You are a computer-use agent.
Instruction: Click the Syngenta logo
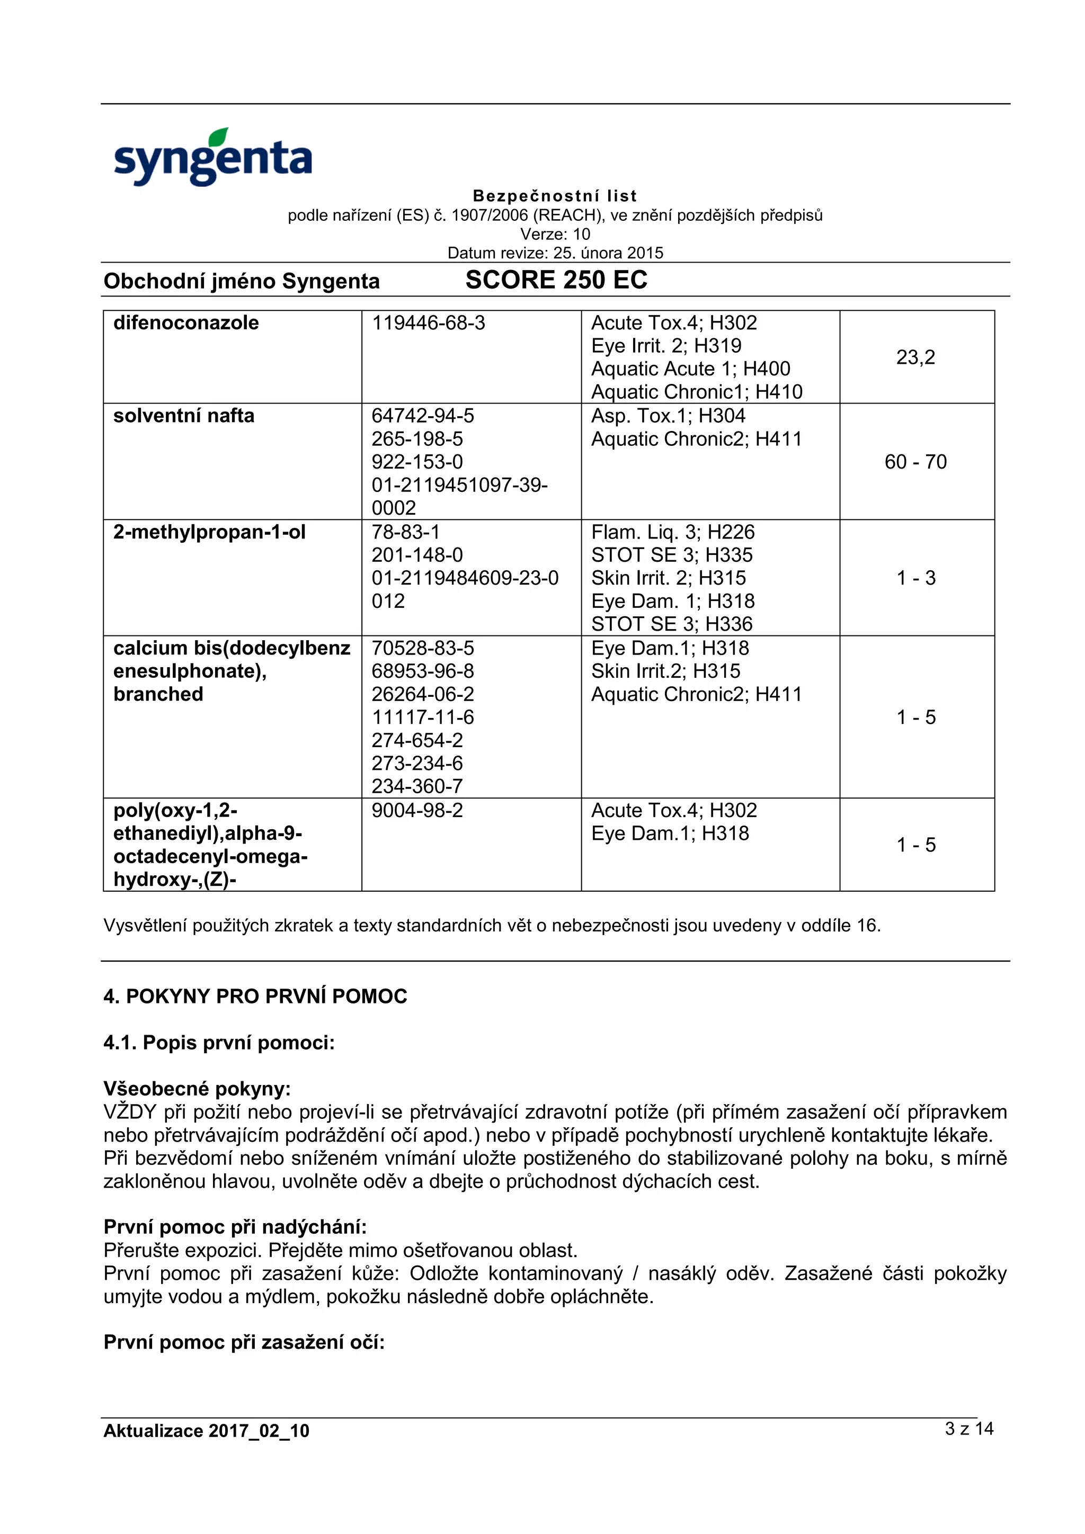click(x=212, y=158)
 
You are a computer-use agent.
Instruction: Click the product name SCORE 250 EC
click(x=556, y=280)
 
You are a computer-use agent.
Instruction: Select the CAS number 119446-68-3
click(x=428, y=322)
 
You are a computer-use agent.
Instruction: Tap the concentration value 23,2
click(x=915, y=357)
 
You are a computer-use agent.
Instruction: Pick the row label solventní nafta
click(x=184, y=416)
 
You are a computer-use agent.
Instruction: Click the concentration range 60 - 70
click(x=915, y=462)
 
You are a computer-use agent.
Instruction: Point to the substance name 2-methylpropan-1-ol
click(x=209, y=532)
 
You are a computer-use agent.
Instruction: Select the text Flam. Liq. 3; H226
click(x=672, y=532)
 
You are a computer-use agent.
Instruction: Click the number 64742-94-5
click(x=422, y=416)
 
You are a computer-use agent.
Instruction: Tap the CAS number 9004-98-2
click(x=417, y=811)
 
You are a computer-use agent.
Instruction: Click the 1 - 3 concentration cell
click(x=915, y=578)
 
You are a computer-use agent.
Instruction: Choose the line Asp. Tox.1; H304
click(x=668, y=416)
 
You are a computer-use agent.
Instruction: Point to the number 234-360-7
click(x=417, y=786)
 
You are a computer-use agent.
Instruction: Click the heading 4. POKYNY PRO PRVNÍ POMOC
click(x=255, y=996)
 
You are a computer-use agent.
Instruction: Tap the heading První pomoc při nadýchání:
click(x=235, y=1227)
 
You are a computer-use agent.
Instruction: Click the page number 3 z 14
click(x=968, y=1429)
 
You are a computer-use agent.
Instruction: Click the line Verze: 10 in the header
click(x=555, y=234)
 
